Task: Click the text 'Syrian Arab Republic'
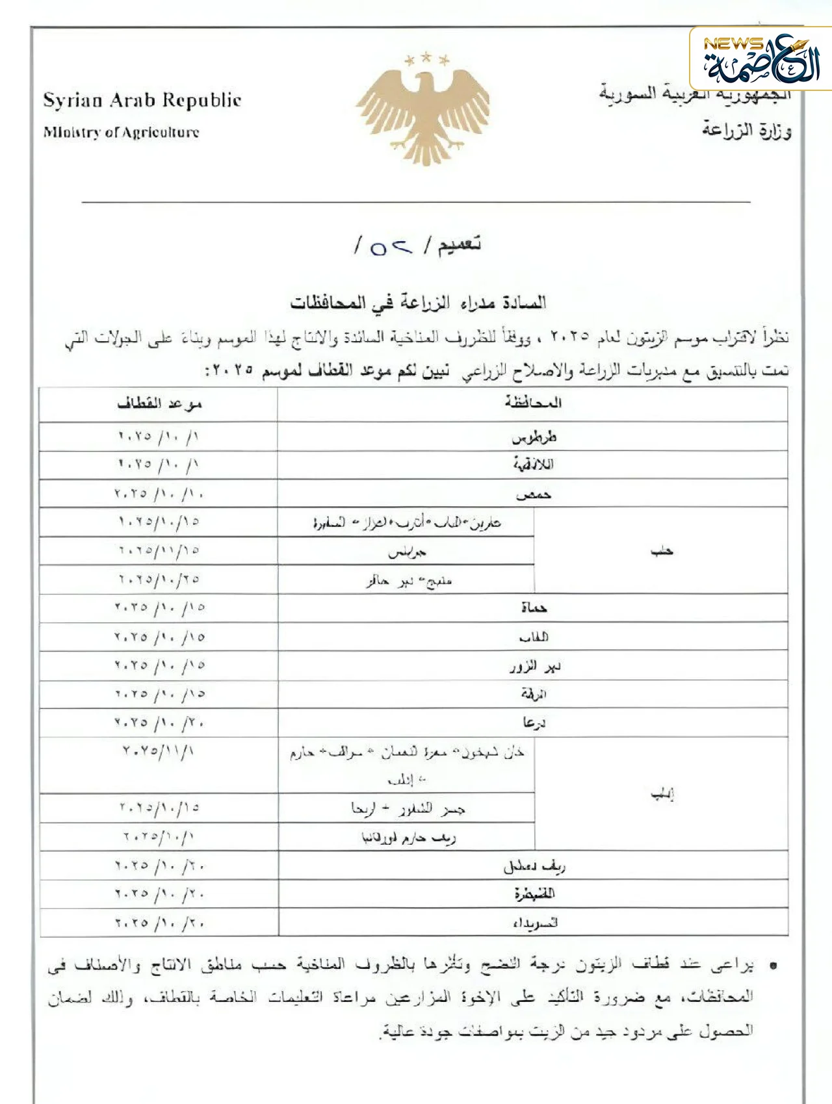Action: (142, 101)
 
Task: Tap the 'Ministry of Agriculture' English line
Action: (122, 133)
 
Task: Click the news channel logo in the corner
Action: (760, 60)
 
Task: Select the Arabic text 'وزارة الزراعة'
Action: (746, 131)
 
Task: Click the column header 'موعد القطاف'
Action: (159, 404)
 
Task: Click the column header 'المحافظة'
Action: (532, 404)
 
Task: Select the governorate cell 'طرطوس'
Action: (534, 437)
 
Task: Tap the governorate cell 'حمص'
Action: (534, 494)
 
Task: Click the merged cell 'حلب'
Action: (662, 551)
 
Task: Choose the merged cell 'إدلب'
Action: (662, 794)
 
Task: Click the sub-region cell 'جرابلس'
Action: (407, 552)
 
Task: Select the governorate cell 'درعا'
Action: (534, 723)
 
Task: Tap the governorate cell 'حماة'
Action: (534, 608)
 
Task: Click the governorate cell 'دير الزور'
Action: (534, 666)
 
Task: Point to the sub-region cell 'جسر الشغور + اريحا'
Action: (407, 809)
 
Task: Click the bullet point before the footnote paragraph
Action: (773, 966)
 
